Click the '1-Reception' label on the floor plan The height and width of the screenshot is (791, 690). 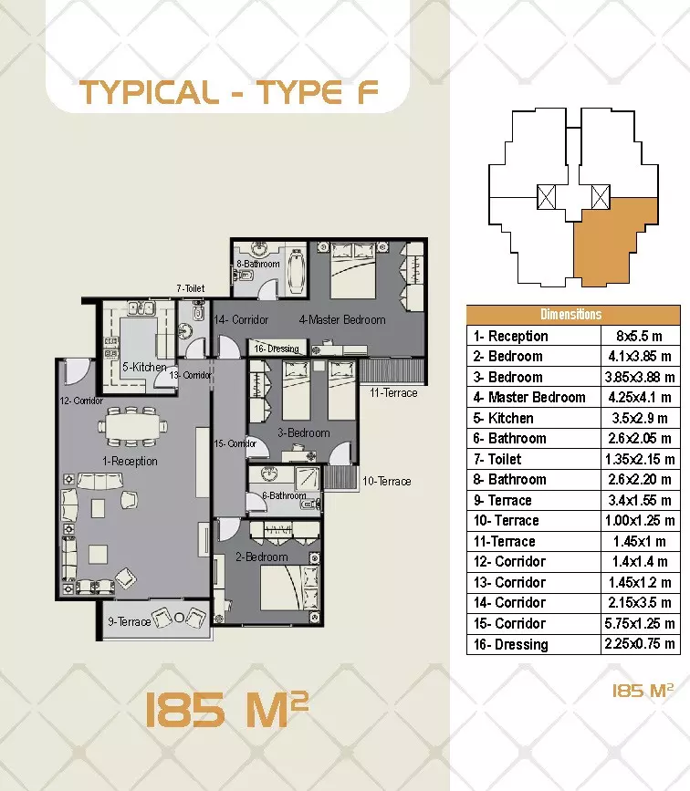(130, 461)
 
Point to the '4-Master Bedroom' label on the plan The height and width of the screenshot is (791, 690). (342, 319)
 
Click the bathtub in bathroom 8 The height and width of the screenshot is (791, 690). (294, 268)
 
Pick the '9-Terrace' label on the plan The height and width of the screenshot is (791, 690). (129, 622)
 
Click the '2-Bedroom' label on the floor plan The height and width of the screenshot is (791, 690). (261, 557)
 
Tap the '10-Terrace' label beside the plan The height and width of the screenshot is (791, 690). (386, 481)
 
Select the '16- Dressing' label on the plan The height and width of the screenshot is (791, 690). (277, 349)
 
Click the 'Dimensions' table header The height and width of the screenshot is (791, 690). (571, 315)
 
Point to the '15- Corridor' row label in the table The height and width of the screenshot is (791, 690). (508, 624)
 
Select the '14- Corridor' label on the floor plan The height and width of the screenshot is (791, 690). (241, 320)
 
